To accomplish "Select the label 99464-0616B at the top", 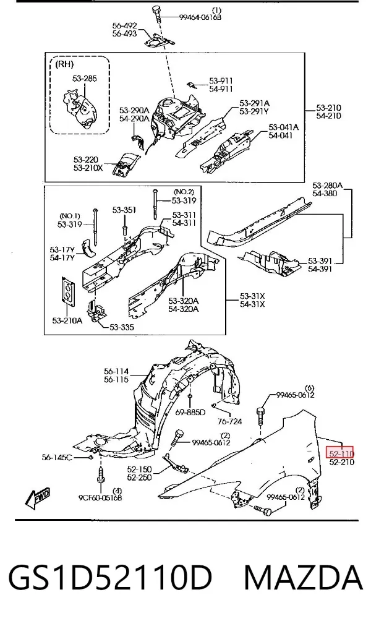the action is (200, 17).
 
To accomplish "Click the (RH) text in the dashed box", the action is (64, 64).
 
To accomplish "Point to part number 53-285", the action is (85, 79).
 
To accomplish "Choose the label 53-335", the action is (122, 327).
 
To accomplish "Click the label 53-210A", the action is (67, 320).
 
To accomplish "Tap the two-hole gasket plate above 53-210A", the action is (69, 291).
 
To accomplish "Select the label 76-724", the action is (230, 421).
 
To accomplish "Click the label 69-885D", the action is (190, 412).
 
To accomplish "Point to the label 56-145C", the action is (57, 458).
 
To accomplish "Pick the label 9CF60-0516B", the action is (100, 497).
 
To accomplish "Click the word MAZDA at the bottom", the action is (304, 578).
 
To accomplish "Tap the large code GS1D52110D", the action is (110, 578).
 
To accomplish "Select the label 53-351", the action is (124, 210).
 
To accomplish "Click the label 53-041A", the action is (284, 127).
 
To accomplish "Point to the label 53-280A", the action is (328, 185).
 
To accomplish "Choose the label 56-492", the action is (124, 26).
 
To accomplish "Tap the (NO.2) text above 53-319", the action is (184, 192).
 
